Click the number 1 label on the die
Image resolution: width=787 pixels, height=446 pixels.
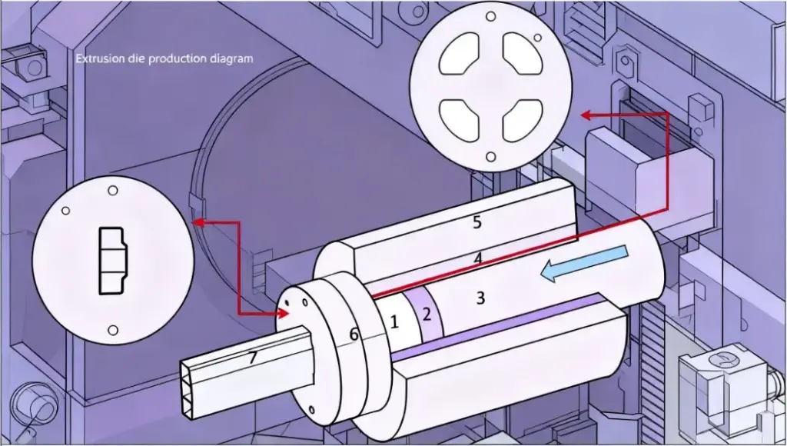[x=394, y=323]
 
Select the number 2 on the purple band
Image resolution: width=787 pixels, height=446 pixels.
[x=428, y=313]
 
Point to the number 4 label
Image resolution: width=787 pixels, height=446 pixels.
[x=478, y=259]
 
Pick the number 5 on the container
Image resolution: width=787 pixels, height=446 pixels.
[x=477, y=223]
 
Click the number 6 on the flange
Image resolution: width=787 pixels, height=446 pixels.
[x=354, y=334]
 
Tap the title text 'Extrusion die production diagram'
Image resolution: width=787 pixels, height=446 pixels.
[x=164, y=58]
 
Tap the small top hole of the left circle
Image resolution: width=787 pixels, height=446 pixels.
[x=112, y=190]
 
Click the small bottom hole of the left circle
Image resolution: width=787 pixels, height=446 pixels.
[x=112, y=331]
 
